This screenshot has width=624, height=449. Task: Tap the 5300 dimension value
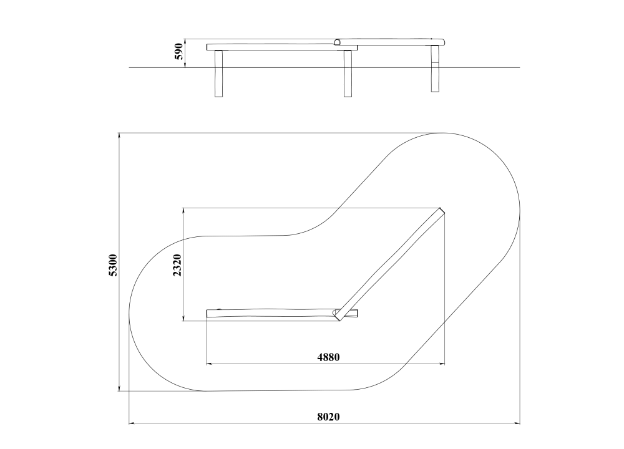113,265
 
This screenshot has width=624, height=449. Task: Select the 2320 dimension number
177,265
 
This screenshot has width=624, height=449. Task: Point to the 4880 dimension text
328,357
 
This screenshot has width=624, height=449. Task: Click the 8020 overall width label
328,417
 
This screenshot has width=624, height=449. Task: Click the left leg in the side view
218,74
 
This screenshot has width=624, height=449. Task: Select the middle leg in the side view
348,74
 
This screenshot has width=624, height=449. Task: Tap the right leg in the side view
435,69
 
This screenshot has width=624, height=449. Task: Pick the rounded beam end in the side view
338,42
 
